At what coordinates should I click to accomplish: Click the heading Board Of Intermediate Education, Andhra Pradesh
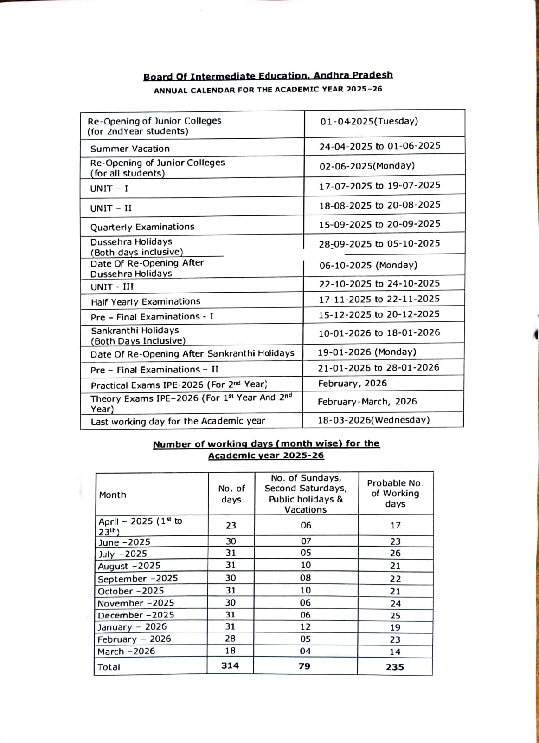[268, 76]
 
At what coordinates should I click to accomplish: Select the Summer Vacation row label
[130, 149]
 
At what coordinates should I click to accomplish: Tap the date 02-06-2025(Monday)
[367, 166]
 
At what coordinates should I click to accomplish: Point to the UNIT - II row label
[111, 208]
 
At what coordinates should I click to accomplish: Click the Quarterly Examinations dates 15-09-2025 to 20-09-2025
[379, 224]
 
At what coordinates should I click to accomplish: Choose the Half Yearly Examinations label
[146, 302]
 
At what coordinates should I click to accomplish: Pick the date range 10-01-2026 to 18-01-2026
[379, 333]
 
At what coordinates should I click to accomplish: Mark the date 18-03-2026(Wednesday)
[373, 420]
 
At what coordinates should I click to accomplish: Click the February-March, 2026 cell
[367, 401]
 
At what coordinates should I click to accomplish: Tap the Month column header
[113, 495]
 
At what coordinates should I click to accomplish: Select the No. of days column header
[231, 494]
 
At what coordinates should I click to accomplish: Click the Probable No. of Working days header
[395, 493]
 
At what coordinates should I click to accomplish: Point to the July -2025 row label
[122, 554]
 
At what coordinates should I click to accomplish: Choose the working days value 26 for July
[395, 554]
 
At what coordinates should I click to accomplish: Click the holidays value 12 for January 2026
[306, 627]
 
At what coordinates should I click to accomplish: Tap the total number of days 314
[230, 665]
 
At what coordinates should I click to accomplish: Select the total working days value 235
[395, 667]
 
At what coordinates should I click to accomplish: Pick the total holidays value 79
[304, 666]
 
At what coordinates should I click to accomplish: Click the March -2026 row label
[126, 652]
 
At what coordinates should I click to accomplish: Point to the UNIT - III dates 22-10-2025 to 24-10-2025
[379, 283]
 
